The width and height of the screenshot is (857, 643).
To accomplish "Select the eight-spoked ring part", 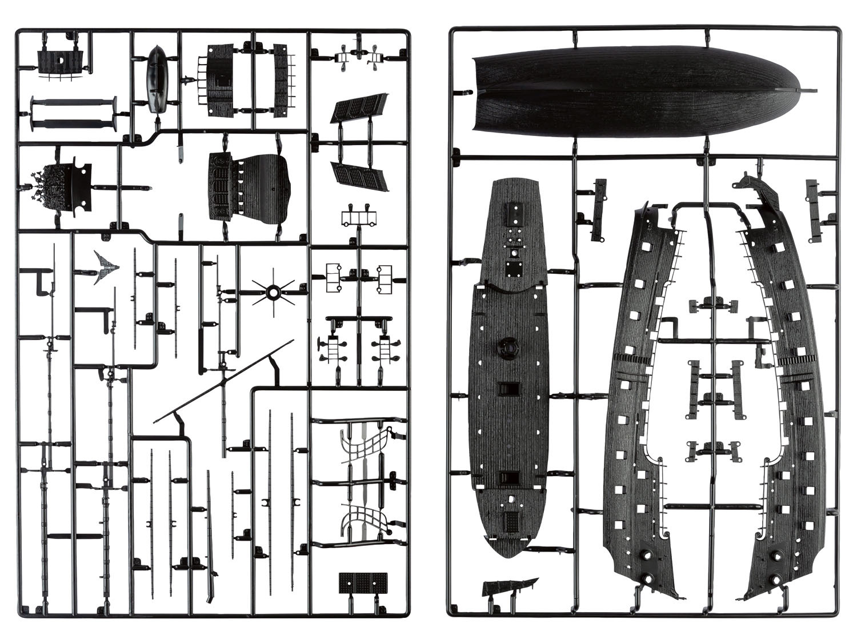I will pyautogui.click(x=273, y=293).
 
